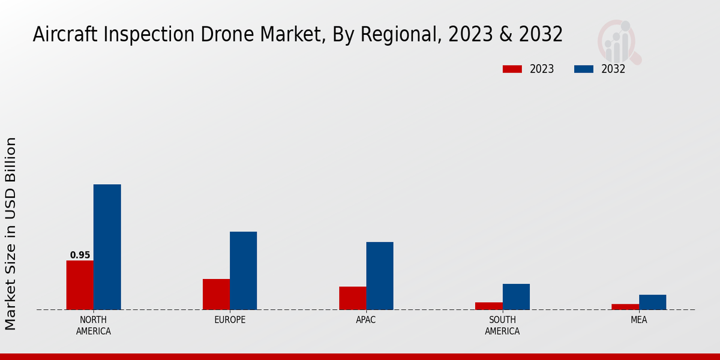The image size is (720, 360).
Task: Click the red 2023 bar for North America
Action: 80,285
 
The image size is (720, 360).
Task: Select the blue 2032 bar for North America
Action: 107,247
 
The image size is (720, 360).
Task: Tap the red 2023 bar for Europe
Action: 216,294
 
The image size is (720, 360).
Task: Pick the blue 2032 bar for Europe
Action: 243,271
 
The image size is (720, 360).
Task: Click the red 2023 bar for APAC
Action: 352,298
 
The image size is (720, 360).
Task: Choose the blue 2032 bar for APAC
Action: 380,275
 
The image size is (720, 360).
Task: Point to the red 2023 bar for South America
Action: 488,306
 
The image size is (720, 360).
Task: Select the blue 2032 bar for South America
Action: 516,296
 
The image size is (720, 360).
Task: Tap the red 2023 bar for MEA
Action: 625,307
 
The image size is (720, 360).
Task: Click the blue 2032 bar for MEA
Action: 652,302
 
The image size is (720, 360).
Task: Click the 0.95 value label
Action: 80,255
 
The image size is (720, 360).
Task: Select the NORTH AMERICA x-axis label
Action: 94,325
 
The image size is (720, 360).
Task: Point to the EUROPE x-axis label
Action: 230,320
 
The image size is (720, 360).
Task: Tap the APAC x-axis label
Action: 366,320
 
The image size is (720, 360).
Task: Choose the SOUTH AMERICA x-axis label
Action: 502,325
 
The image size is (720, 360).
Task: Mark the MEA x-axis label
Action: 638,320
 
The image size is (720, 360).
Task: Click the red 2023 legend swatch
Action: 512,69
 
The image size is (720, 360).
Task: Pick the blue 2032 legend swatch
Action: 584,69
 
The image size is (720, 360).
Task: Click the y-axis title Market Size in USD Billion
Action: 11,233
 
